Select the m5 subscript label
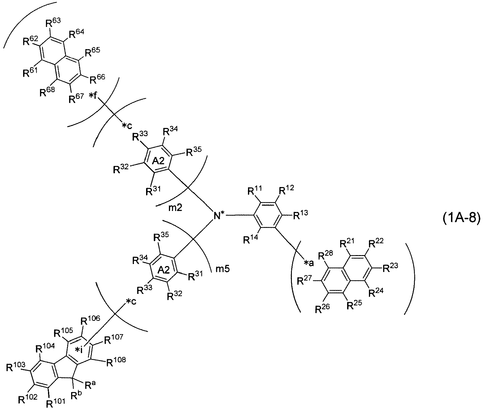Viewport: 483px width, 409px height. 222,269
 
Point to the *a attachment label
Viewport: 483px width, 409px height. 309,263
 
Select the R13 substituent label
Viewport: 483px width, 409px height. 300,215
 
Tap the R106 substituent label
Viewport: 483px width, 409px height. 90,320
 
